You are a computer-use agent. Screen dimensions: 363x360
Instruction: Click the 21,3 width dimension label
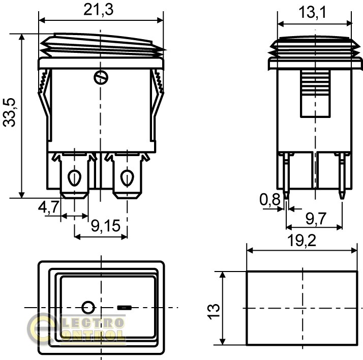99,10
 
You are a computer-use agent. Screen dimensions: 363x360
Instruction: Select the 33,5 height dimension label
9,113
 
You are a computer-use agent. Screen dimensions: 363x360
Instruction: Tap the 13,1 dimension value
312,12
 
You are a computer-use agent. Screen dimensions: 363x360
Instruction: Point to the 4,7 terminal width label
49,207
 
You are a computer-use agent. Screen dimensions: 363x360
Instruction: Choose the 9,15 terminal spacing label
106,226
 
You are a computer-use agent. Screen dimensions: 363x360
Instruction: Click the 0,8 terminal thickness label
270,199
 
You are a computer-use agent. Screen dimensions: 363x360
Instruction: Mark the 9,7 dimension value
316,218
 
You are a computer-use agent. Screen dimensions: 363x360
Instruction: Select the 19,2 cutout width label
301,241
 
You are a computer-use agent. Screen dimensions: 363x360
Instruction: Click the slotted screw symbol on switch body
101,78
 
